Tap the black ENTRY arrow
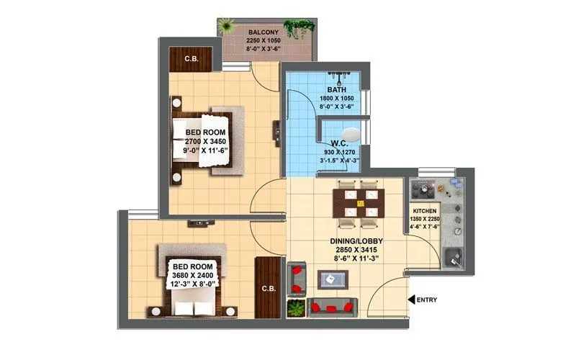pos(411,299)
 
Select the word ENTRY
pos(428,300)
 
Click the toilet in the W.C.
pos(350,135)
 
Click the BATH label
pos(337,89)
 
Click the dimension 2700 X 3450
pos(207,142)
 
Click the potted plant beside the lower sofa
pos(295,307)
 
